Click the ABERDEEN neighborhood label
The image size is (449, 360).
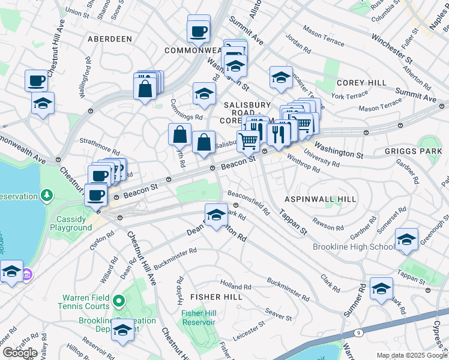click(x=109, y=38)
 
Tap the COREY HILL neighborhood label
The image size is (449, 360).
click(x=356, y=82)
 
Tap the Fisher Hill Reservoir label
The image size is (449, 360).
click(x=198, y=317)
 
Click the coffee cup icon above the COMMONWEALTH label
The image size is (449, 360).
click(x=199, y=29)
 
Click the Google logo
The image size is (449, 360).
click(x=20, y=353)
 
